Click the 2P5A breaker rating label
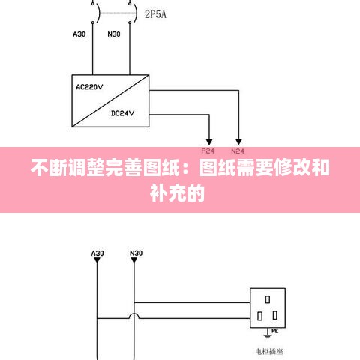click(x=155, y=14)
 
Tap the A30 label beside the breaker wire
click(x=79, y=34)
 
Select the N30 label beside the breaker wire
click(x=114, y=34)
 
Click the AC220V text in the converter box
click(x=89, y=87)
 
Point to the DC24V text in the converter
click(x=122, y=113)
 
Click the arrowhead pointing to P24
click(x=209, y=142)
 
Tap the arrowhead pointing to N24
click(x=238, y=142)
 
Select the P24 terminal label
click(x=208, y=151)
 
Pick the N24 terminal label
click(x=238, y=151)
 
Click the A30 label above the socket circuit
click(x=97, y=253)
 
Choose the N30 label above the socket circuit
click(x=136, y=253)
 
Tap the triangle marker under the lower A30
click(x=97, y=260)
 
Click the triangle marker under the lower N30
click(x=134, y=260)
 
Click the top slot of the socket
click(x=268, y=299)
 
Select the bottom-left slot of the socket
click(x=260, y=316)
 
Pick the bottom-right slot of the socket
click(x=275, y=315)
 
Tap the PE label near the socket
click(x=275, y=331)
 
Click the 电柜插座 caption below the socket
click(x=269, y=351)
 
